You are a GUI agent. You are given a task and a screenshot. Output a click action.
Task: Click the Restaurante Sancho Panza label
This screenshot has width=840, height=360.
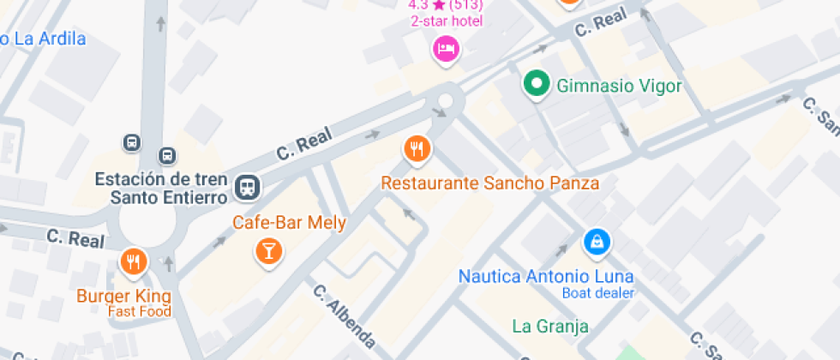pyautogui.click(x=489, y=183)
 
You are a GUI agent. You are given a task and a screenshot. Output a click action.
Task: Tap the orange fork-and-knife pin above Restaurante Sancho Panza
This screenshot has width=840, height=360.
pyautogui.click(x=417, y=149)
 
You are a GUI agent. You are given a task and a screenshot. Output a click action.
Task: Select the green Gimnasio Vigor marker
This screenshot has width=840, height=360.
pyautogui.click(x=537, y=84)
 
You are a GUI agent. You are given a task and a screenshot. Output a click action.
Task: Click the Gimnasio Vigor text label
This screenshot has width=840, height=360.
pyautogui.click(x=619, y=86)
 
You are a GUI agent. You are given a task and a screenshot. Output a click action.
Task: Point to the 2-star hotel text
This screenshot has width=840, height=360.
pyautogui.click(x=446, y=21)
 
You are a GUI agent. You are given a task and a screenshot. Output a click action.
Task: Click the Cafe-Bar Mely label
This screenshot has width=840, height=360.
pyautogui.click(x=290, y=223)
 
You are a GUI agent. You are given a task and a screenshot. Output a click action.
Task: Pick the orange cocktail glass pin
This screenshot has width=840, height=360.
pyautogui.click(x=268, y=251)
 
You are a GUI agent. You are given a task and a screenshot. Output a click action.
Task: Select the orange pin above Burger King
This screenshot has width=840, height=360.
pyautogui.click(x=133, y=261)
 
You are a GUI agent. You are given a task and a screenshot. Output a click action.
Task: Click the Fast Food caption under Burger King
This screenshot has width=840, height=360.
pyautogui.click(x=139, y=311)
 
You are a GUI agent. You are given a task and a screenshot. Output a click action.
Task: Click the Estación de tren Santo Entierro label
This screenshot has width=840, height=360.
pyautogui.click(x=161, y=188)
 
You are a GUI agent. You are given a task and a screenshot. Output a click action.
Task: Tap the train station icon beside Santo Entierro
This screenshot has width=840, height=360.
pyautogui.click(x=249, y=185)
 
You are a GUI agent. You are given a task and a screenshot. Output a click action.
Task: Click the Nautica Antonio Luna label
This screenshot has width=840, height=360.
pyautogui.click(x=546, y=276)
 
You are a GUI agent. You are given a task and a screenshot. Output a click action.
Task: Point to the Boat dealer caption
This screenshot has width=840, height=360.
pyautogui.click(x=597, y=292)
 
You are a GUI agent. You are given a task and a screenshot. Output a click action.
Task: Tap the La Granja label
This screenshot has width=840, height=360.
pyautogui.click(x=550, y=326)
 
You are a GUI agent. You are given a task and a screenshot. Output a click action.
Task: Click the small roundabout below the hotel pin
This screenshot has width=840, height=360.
pyautogui.click(x=445, y=102)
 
